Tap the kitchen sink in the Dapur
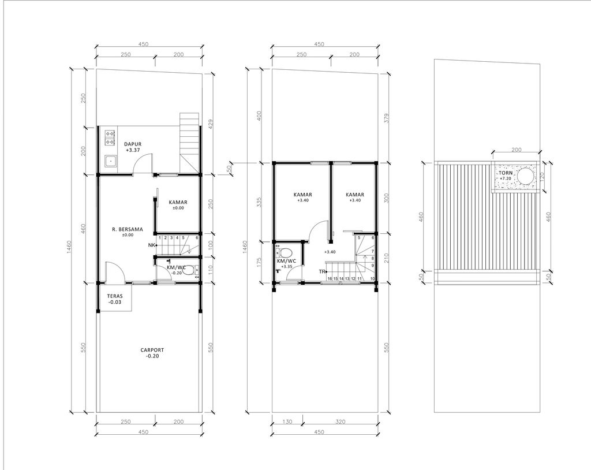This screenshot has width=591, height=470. (x=109, y=161)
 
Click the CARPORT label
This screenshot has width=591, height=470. (x=152, y=350)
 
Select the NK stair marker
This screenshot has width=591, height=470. (x=152, y=245)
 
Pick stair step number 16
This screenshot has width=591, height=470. (x=329, y=279)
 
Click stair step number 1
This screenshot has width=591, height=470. (x=159, y=238)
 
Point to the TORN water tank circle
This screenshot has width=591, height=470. (x=525, y=176)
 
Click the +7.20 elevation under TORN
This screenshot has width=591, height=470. (x=506, y=179)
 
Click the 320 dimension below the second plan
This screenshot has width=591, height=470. (x=340, y=422)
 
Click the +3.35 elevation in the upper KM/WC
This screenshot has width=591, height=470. (x=286, y=267)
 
